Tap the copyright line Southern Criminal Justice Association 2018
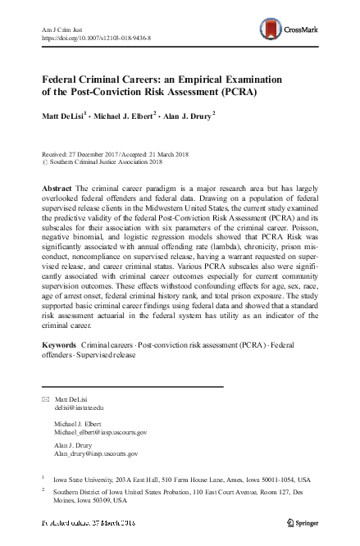pyautogui.click(x=104, y=162)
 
